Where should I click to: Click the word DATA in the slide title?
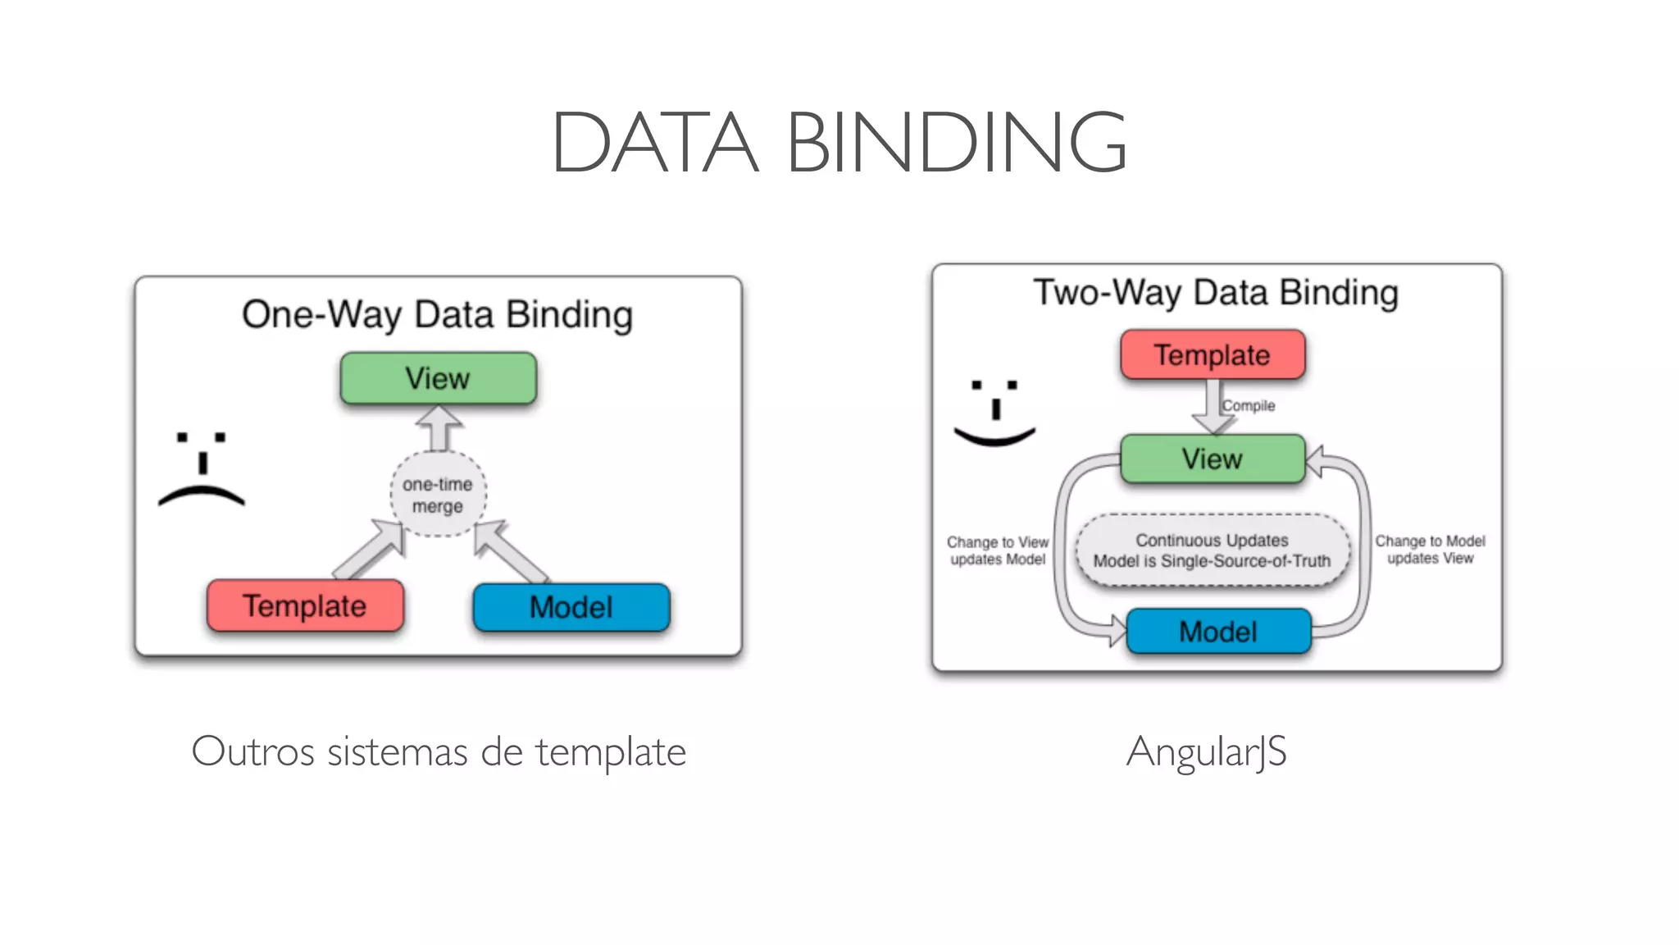pos(654,144)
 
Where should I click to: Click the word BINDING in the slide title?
pos(956,144)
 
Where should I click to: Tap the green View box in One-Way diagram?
pos(438,378)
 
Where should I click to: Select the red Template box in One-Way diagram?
pos(305,606)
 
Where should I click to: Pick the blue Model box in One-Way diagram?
pos(571,608)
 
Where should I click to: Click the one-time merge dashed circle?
pos(438,495)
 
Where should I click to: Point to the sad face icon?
pos(202,469)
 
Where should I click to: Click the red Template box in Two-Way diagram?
pos(1212,355)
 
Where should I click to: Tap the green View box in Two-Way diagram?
pos(1212,459)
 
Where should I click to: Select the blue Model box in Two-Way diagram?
pos(1217,632)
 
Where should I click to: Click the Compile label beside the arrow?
pos(1249,405)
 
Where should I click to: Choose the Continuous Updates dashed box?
pos(1212,550)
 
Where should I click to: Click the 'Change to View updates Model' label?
pos(997,550)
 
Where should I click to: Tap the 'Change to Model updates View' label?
pos(1430,550)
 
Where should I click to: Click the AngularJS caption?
pos(1206,751)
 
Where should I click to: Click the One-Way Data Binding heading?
pos(437,315)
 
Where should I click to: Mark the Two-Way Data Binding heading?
pos(1215,293)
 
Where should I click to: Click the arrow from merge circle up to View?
pos(439,429)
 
